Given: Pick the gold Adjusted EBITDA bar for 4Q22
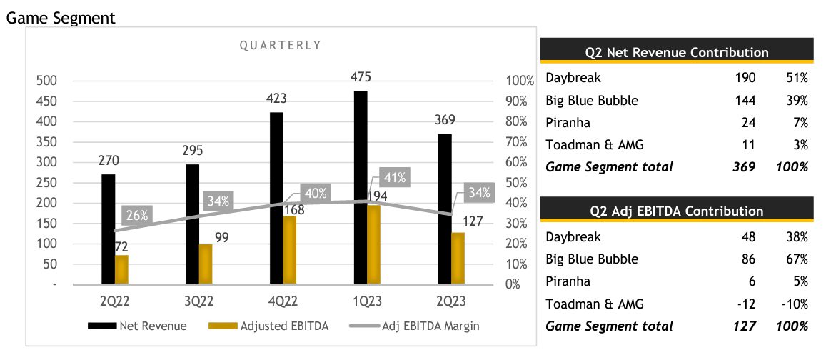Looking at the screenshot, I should click(290, 249).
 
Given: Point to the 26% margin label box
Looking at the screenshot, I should click(137, 214).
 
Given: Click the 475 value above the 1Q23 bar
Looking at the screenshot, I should click(361, 77).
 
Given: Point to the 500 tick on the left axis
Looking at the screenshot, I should click(46, 81).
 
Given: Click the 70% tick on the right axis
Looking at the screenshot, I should click(519, 142).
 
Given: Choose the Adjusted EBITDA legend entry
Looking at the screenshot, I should click(268, 326).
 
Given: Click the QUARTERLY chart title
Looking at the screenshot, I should click(280, 45).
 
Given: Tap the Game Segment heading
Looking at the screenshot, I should click(60, 19).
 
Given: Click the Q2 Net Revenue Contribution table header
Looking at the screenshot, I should click(676, 52).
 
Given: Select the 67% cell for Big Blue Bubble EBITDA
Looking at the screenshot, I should click(795, 259).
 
